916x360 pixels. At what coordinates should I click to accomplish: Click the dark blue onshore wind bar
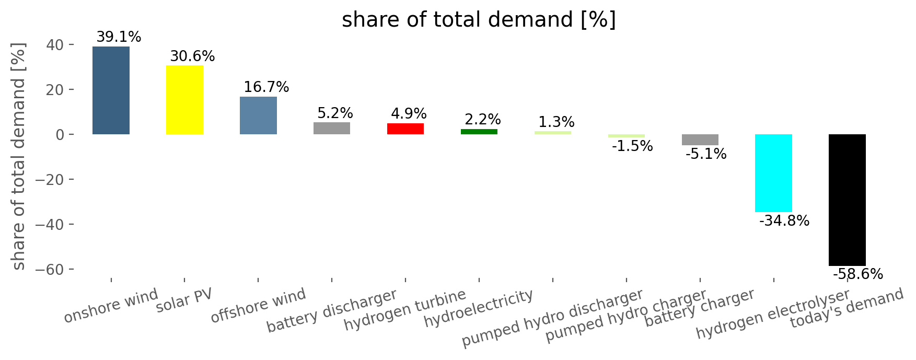[111, 90]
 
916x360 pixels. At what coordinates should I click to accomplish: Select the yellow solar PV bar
[184, 100]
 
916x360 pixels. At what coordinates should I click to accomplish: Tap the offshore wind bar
[258, 115]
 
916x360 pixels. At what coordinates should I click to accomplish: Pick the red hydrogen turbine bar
[405, 129]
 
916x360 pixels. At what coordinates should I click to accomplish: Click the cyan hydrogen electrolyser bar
[773, 173]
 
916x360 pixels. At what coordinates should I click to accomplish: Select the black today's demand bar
[847, 200]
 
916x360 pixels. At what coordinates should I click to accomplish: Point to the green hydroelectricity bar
[479, 132]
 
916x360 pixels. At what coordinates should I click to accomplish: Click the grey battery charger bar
[700, 140]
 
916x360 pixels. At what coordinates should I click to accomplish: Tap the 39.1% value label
[119, 37]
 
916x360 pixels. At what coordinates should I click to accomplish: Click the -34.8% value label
[784, 221]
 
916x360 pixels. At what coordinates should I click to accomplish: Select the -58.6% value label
[858, 274]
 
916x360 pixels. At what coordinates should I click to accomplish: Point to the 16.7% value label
[266, 87]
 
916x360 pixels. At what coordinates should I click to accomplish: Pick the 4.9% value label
[409, 114]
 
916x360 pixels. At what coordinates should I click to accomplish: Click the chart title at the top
[479, 20]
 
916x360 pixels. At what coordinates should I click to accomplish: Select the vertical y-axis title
[18, 157]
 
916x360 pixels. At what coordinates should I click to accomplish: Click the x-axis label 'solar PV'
[184, 300]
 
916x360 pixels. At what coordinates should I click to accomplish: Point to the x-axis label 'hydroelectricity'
[479, 308]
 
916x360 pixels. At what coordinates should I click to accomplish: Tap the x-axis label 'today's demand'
[847, 308]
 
